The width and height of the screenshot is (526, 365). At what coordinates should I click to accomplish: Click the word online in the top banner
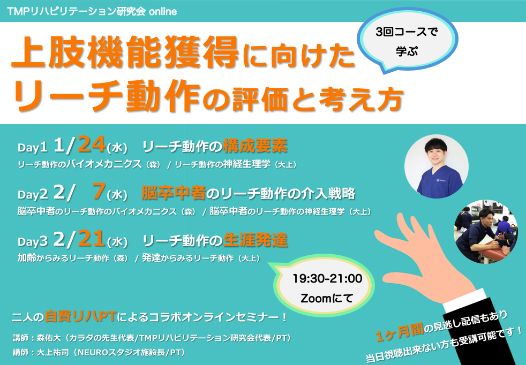pyautogui.click(x=163, y=11)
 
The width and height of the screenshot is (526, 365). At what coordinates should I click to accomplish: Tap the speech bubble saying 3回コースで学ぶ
pyautogui.click(x=407, y=41)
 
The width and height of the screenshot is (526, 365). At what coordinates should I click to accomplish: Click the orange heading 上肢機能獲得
pyautogui.click(x=125, y=52)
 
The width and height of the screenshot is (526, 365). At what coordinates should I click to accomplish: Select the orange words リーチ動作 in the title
pyautogui.click(x=107, y=95)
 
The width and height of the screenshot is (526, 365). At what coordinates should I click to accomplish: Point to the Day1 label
pyautogui.click(x=32, y=148)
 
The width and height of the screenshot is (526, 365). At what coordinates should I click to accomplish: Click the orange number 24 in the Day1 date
pyautogui.click(x=91, y=145)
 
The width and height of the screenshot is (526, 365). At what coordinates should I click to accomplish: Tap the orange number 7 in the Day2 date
pyautogui.click(x=99, y=192)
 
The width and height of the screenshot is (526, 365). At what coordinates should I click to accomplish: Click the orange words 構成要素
pyautogui.click(x=255, y=146)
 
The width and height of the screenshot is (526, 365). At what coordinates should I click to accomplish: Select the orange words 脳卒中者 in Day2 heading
pyautogui.click(x=174, y=193)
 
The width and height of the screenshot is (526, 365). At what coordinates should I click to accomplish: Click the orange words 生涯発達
pyautogui.click(x=256, y=240)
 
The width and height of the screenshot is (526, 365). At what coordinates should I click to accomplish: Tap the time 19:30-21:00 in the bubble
pyautogui.click(x=327, y=278)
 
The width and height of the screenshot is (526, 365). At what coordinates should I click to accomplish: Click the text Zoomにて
pyautogui.click(x=327, y=298)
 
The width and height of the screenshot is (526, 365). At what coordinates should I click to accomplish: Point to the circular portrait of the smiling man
pyautogui.click(x=436, y=166)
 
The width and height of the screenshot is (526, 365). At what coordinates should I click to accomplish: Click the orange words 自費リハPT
pyautogui.click(x=80, y=316)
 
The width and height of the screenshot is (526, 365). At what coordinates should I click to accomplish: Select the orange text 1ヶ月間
pyautogui.click(x=399, y=332)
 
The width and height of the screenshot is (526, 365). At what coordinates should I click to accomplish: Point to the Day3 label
pyautogui.click(x=32, y=241)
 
